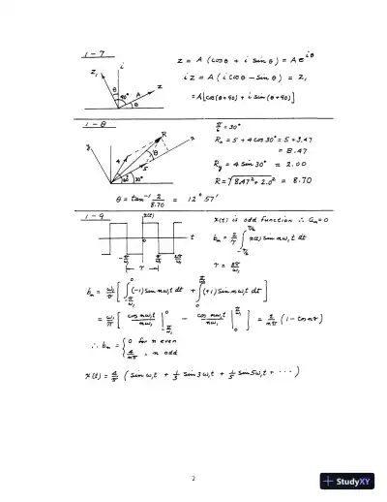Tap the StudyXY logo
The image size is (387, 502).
[345, 480]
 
